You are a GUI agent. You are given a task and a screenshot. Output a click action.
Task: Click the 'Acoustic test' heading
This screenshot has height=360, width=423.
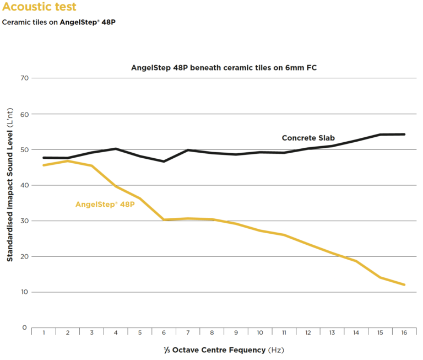(39, 7)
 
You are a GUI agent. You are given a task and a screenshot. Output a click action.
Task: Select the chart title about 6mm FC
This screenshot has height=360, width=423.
(224, 68)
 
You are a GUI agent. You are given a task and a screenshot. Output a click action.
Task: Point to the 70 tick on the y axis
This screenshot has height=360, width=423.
(23, 78)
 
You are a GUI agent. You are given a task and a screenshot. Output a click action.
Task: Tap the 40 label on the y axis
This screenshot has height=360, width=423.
(23, 185)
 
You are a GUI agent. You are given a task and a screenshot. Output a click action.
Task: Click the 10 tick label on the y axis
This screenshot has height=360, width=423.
(23, 292)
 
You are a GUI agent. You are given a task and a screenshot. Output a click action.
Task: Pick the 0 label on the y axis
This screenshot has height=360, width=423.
(25, 327)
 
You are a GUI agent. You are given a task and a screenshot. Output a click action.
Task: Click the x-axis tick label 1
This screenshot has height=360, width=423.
(44, 333)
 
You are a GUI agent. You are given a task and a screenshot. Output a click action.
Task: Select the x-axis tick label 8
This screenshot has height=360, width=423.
(212, 333)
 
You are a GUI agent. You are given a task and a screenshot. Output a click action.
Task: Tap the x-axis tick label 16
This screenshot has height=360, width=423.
(405, 333)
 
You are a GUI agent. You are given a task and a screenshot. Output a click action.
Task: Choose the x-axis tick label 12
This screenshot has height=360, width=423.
(308, 333)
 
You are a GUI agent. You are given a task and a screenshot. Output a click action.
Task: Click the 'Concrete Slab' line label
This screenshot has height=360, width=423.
(308, 138)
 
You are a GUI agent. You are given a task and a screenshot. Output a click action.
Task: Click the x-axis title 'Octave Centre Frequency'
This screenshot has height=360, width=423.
(223, 350)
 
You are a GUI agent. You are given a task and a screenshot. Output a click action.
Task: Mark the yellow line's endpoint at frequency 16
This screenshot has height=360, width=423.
(405, 284)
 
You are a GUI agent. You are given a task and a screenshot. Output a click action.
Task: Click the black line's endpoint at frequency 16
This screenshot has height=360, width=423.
(405, 134)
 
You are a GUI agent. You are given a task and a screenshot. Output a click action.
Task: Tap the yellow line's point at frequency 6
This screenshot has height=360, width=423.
(164, 219)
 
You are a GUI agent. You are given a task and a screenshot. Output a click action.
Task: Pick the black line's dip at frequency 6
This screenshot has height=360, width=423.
(164, 161)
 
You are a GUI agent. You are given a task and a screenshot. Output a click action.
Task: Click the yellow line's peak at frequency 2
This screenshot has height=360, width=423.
(68, 161)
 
